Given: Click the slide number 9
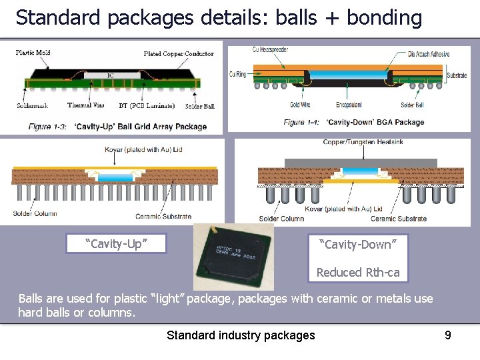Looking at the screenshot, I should tap(448, 335).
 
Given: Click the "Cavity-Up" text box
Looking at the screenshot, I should tap(116, 243).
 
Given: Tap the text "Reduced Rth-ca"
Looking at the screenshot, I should tap(358, 272).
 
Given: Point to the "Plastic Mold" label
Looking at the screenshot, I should tap(33, 53).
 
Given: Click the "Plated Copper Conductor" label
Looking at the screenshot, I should tap(178, 53).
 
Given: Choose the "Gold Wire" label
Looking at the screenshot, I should tap(300, 105).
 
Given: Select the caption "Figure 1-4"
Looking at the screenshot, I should tap(303, 122).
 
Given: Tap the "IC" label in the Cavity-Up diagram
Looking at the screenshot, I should tap(110, 75).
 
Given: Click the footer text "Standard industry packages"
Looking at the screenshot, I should tap(241, 335).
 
